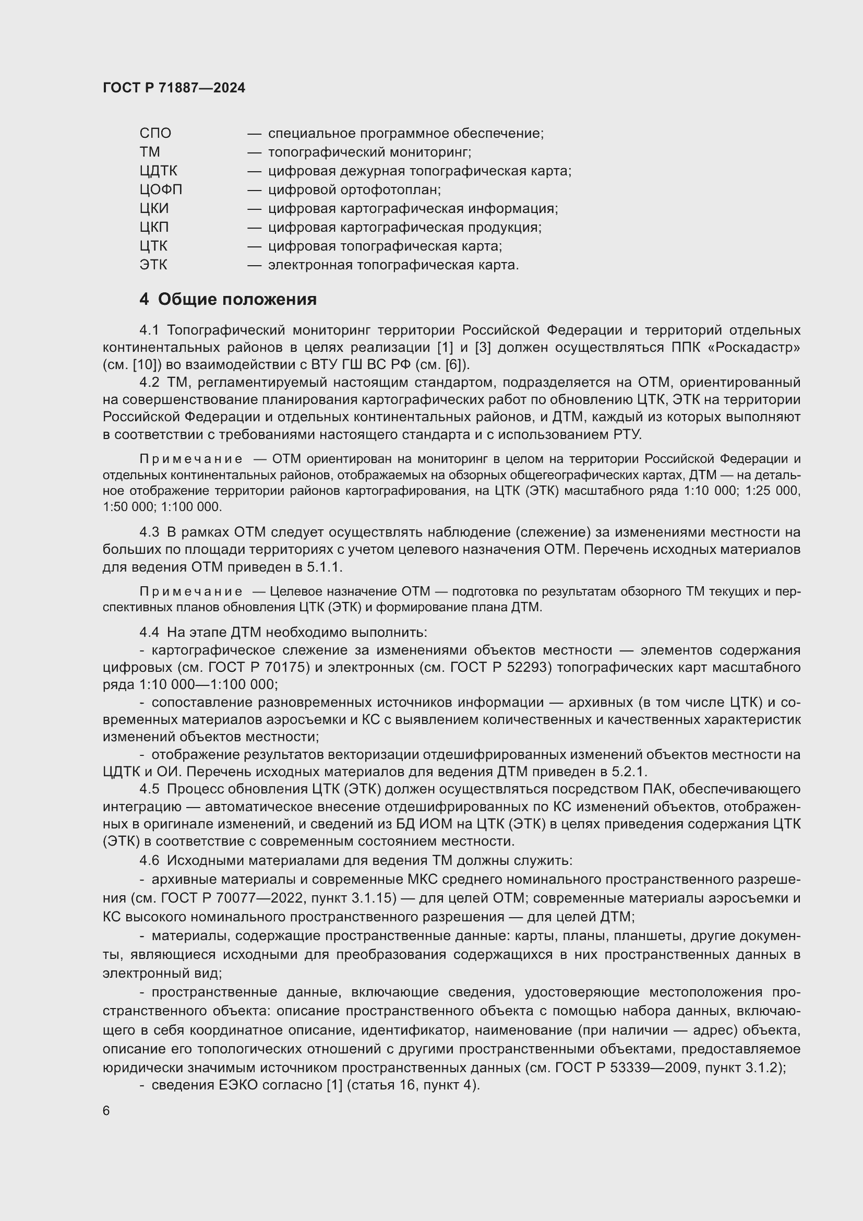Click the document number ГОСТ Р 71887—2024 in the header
coord(174,88)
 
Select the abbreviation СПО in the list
coord(155,134)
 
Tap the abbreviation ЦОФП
coord(161,190)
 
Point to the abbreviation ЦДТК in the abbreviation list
coord(159,171)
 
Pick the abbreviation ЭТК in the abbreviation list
coord(153,265)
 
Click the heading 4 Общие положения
coord(228,300)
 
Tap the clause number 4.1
coord(149,330)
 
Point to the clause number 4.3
coord(149,532)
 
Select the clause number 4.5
coord(149,789)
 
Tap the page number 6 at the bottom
coord(106,1111)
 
